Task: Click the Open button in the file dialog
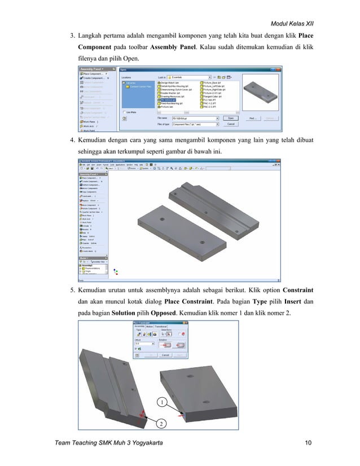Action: pos(230,118)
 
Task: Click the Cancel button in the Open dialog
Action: pos(230,124)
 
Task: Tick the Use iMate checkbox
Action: pos(124,112)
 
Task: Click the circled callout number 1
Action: pos(161,402)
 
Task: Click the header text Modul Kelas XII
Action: pos(292,23)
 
